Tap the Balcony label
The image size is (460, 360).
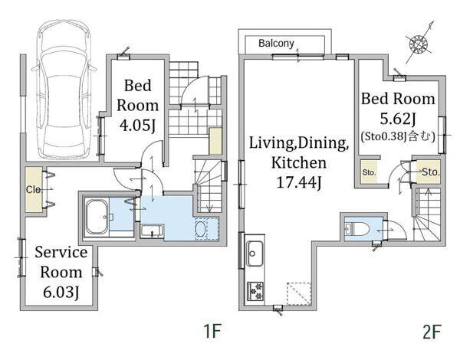(276, 44)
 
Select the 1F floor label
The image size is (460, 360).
(212, 331)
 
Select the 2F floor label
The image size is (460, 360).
(432, 332)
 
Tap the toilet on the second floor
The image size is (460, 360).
(356, 228)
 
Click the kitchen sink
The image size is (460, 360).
(255, 254)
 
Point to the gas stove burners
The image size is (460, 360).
(255, 291)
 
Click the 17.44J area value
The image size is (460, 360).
(299, 183)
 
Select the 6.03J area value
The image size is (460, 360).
(61, 292)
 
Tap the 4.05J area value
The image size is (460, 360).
(137, 126)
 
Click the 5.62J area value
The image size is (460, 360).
(398, 119)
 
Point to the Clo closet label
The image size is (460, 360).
(33, 190)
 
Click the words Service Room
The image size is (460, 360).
(61, 262)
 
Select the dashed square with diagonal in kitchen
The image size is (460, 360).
(299, 293)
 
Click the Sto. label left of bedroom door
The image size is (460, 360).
(369, 172)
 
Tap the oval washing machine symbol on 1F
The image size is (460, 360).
(201, 228)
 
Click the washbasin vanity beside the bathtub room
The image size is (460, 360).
(152, 231)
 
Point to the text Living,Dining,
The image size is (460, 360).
(299, 143)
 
